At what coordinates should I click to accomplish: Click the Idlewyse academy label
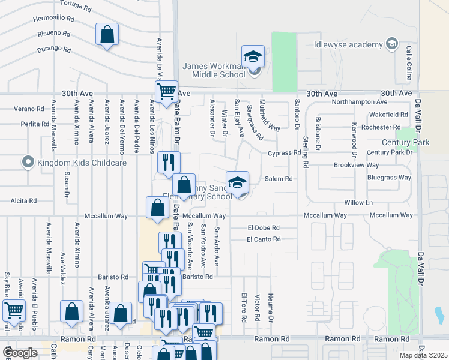click(x=348, y=45)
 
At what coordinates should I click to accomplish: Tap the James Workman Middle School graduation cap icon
click(x=253, y=56)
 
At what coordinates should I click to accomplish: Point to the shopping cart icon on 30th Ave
click(x=166, y=91)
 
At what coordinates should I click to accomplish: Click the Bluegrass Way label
click(x=388, y=178)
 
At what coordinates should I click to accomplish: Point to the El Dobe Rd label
click(x=264, y=228)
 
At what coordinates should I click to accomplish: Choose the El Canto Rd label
click(x=264, y=239)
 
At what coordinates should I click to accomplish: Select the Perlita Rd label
click(x=34, y=124)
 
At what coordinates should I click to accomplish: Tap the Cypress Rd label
click(x=284, y=153)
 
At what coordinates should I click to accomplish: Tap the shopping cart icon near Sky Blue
click(x=14, y=310)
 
